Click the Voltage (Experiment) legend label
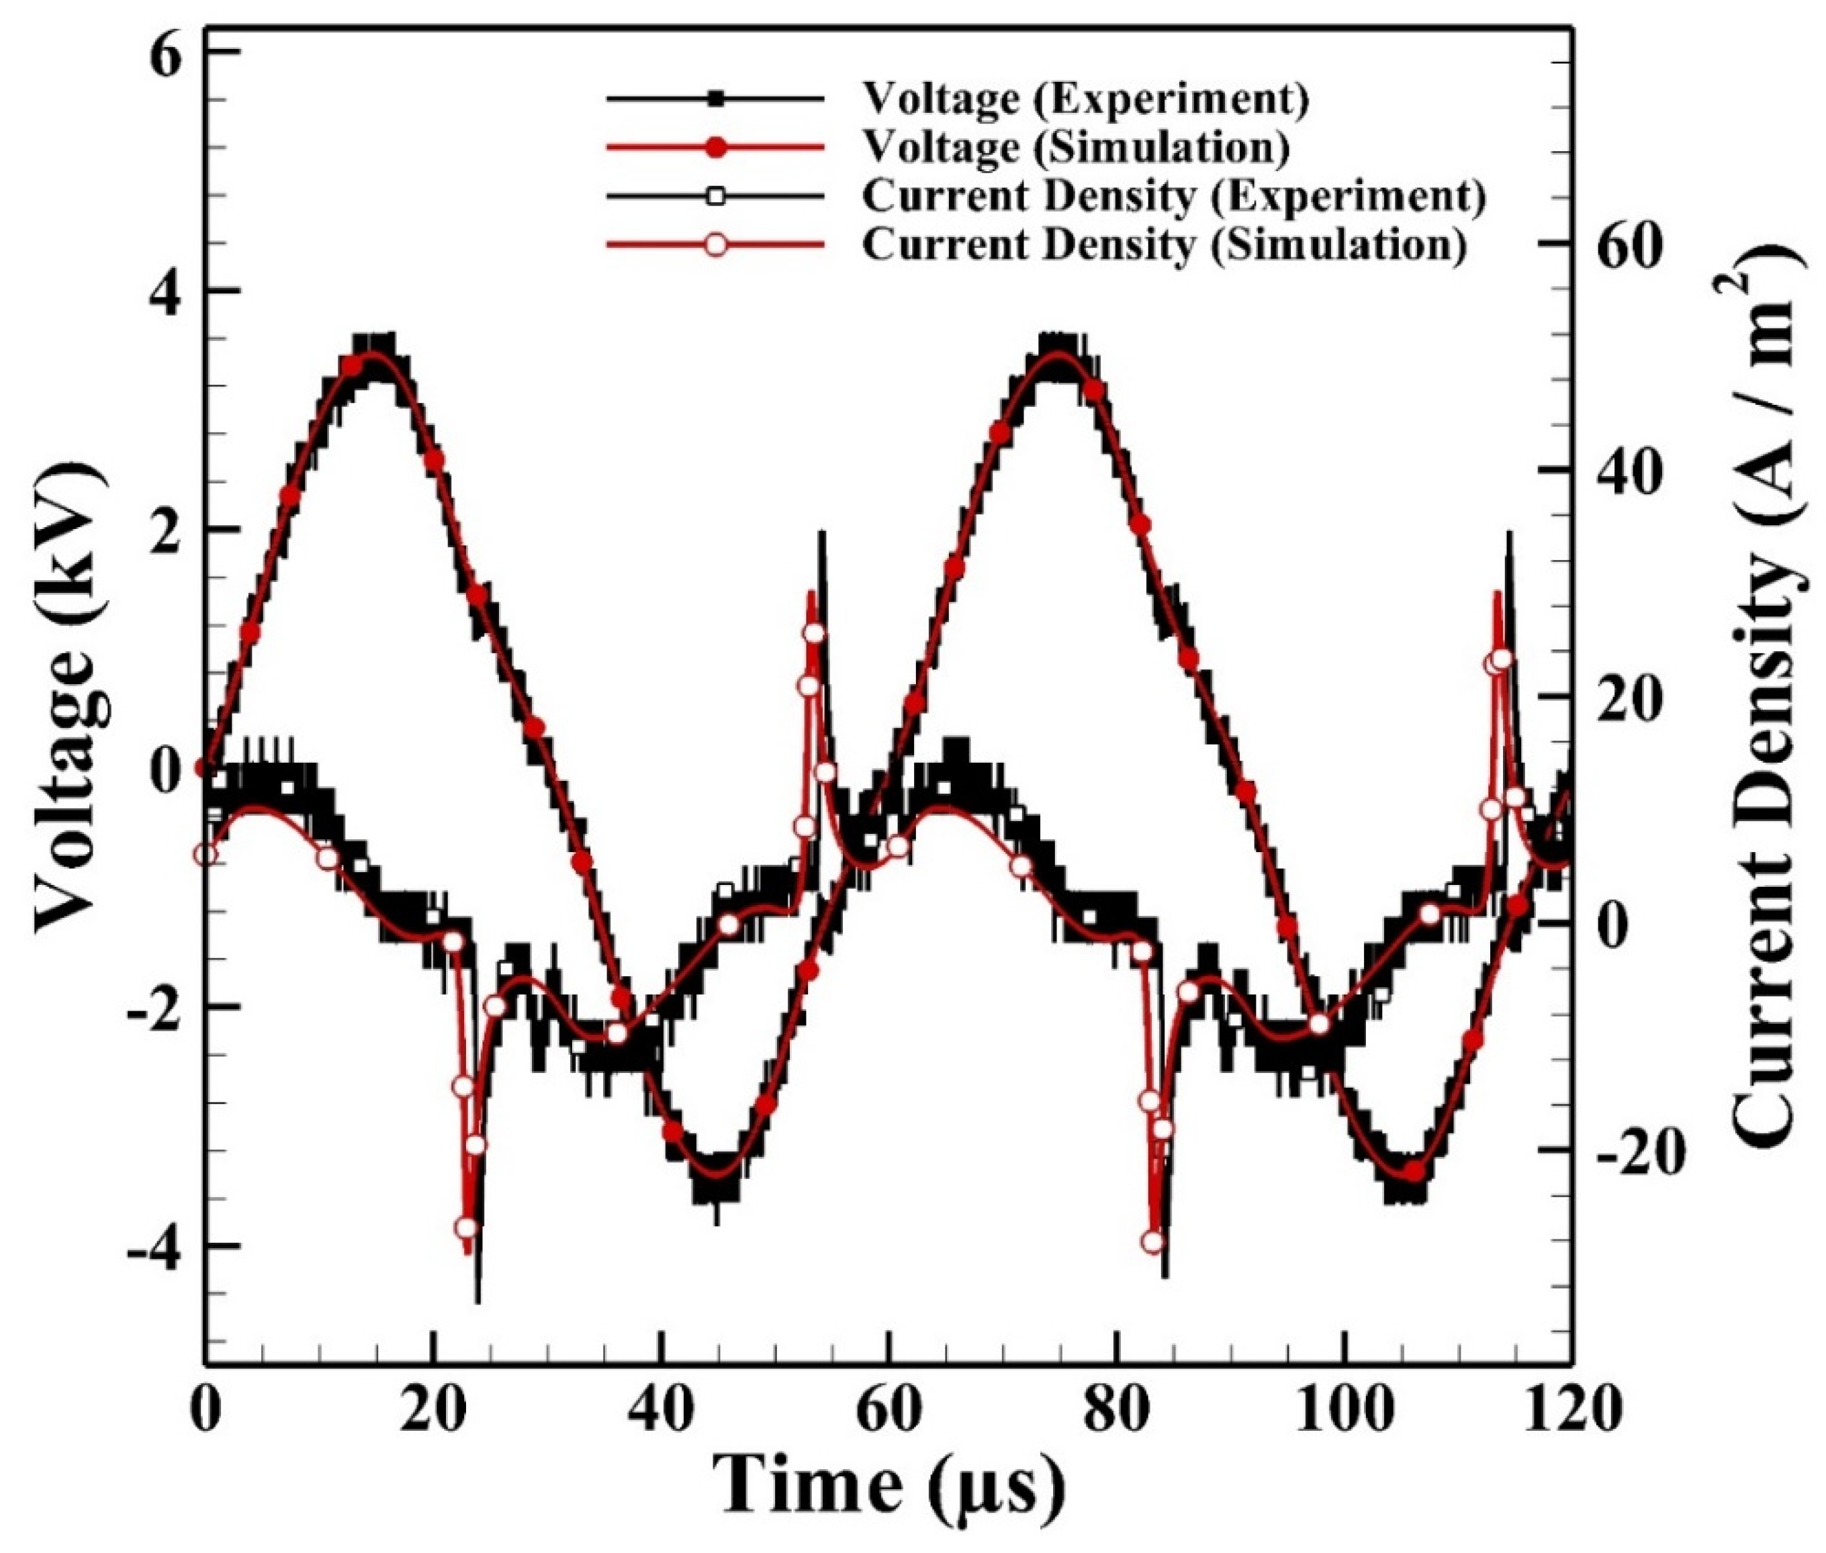coord(1084,99)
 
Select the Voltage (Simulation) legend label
coord(1075,147)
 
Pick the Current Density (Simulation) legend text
coord(1164,244)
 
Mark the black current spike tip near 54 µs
coord(821,532)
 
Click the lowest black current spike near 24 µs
coord(478,1301)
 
